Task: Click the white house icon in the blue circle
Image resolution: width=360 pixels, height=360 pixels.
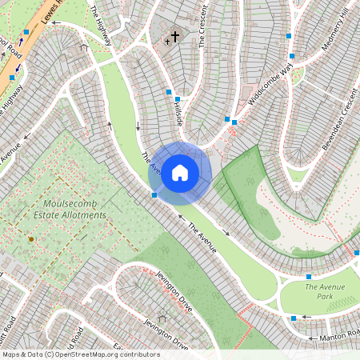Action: pyautogui.click(x=180, y=173)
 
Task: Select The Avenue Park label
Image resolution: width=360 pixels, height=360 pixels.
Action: pyautogui.click(x=328, y=290)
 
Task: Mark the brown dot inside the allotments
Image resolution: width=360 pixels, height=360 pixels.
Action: pyautogui.click(x=31, y=238)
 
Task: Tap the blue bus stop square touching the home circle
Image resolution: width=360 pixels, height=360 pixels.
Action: pyautogui.click(x=154, y=194)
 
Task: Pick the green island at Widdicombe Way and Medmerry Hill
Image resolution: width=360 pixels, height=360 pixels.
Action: pyautogui.click(x=298, y=73)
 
